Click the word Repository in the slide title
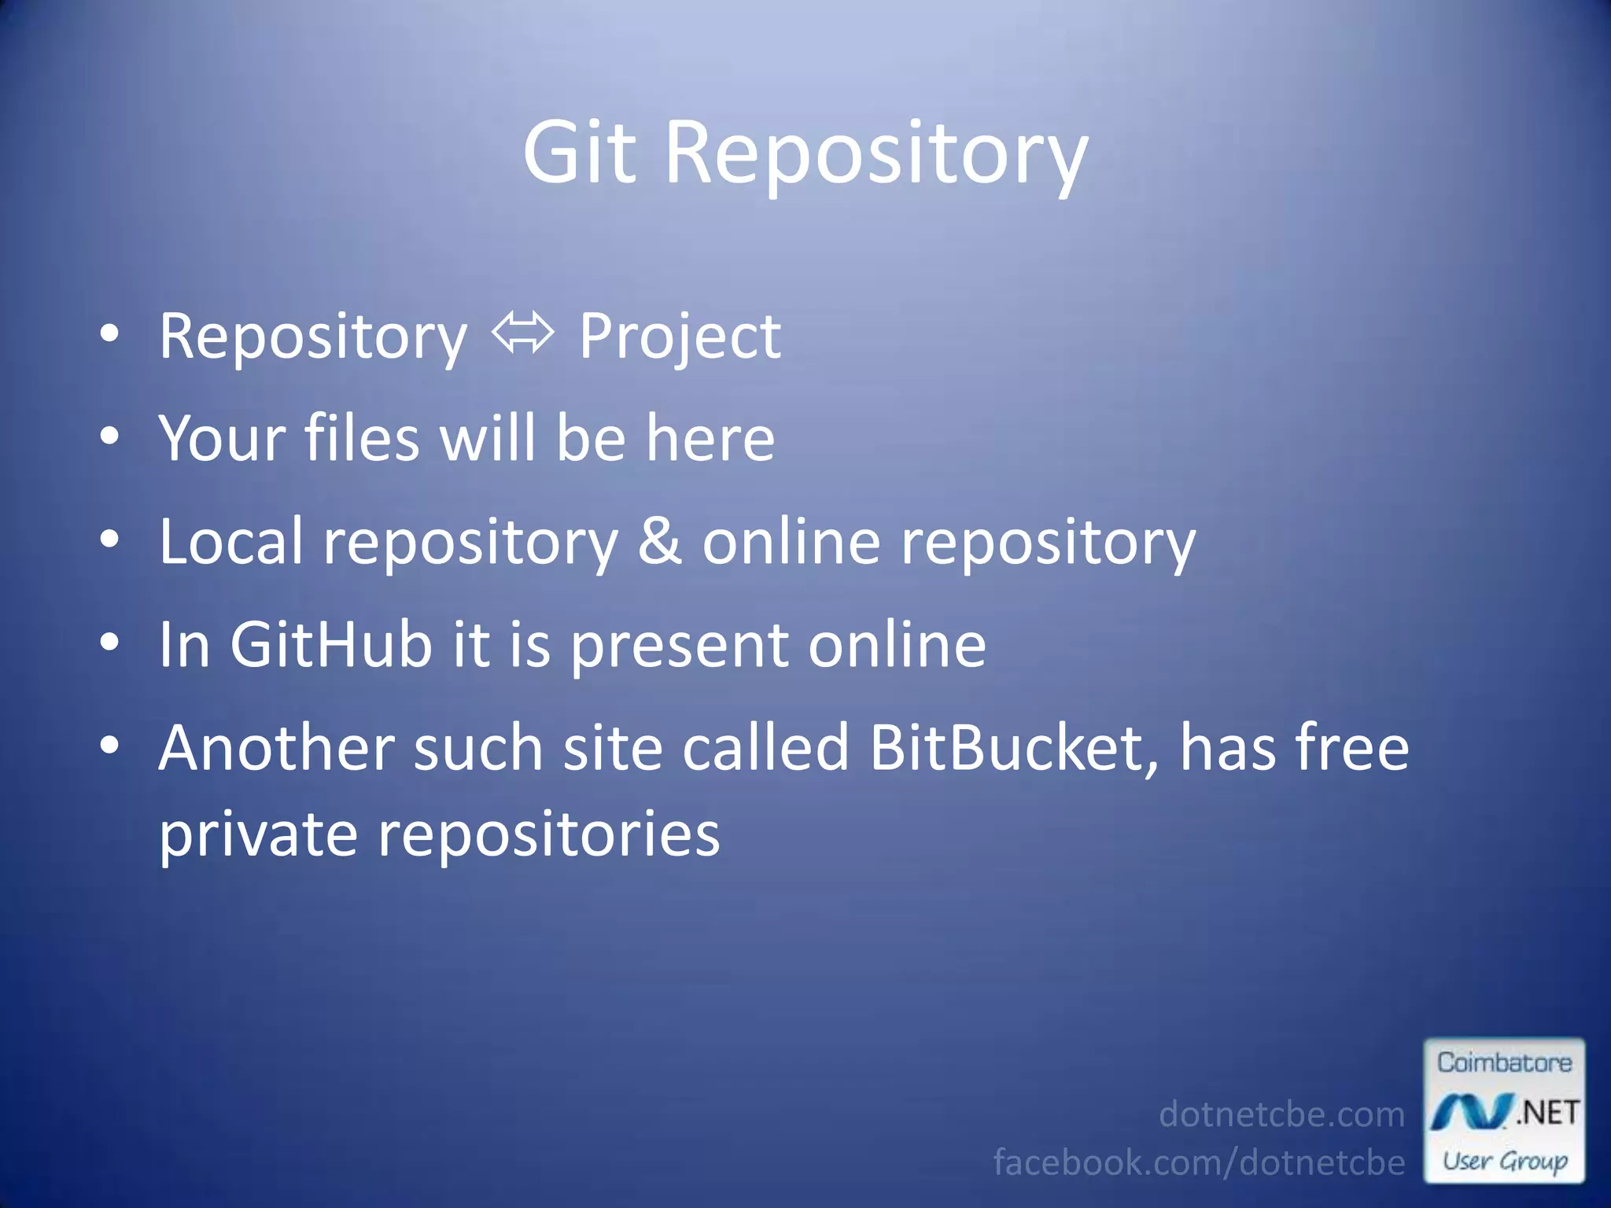[x=876, y=154]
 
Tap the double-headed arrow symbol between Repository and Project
[x=523, y=333]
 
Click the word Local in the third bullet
[x=230, y=541]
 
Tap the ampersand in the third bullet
[x=659, y=541]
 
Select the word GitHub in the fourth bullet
[x=330, y=645]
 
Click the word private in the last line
[x=258, y=835]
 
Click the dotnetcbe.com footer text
[x=1281, y=1114]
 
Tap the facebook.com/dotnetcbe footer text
[x=1199, y=1162]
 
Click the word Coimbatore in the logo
[x=1504, y=1063]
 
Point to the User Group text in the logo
[x=1504, y=1161]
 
